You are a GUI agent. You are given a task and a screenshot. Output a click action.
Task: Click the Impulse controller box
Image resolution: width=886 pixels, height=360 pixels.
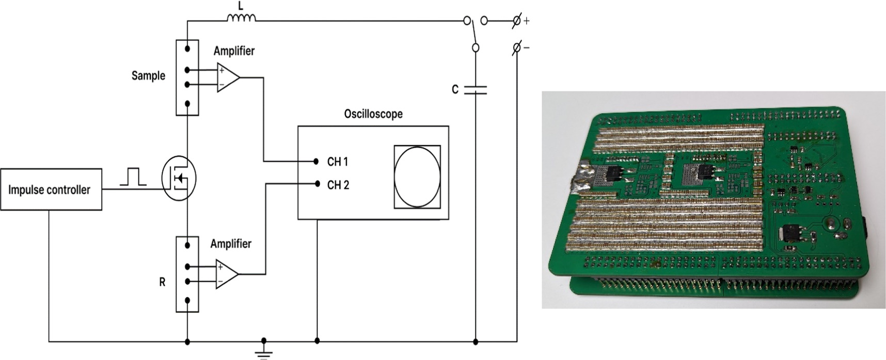pyautogui.click(x=51, y=190)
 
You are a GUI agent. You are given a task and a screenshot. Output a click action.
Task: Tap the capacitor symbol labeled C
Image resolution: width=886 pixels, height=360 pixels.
pyautogui.click(x=475, y=90)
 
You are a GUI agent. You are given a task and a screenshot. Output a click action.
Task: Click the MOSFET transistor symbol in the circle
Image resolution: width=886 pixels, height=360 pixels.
pyautogui.click(x=179, y=179)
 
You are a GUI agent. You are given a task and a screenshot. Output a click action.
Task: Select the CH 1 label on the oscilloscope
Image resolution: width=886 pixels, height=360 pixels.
pyautogui.click(x=338, y=162)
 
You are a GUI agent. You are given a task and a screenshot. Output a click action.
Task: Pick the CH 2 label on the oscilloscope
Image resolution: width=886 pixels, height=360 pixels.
pyautogui.click(x=338, y=185)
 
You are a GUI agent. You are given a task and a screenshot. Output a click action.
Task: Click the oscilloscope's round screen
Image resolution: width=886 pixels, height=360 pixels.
pyautogui.click(x=417, y=177)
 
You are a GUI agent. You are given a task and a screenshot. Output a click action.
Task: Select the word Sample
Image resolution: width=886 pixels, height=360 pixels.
pyautogui.click(x=148, y=76)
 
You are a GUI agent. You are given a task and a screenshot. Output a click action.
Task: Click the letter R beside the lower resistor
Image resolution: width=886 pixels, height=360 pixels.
pyautogui.click(x=162, y=283)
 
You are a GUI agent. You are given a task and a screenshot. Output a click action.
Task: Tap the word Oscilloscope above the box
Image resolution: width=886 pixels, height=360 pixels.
pyautogui.click(x=373, y=114)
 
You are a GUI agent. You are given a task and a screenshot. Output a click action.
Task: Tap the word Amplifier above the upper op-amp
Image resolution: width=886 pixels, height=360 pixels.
pyautogui.click(x=234, y=51)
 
